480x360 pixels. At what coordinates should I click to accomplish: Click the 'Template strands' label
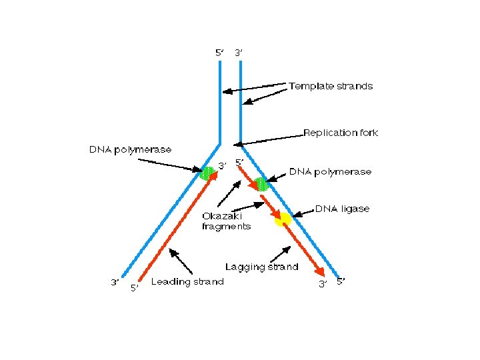click(x=331, y=86)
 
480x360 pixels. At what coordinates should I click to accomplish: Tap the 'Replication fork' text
click(x=341, y=133)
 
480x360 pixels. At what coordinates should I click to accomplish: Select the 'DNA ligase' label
click(x=342, y=209)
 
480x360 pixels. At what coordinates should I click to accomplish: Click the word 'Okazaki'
click(x=223, y=216)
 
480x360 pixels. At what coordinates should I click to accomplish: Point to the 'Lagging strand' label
click(x=261, y=267)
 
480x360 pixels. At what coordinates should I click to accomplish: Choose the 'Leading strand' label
click(x=187, y=281)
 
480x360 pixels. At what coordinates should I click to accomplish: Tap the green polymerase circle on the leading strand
click(x=207, y=173)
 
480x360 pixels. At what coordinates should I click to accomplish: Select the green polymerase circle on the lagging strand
click(x=261, y=183)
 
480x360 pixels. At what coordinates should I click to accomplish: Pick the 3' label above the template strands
click(x=239, y=51)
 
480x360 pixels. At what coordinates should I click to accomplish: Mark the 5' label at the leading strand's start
click(x=134, y=288)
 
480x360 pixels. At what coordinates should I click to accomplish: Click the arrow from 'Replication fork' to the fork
click(x=267, y=139)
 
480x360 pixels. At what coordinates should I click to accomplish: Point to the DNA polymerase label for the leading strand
click(x=130, y=149)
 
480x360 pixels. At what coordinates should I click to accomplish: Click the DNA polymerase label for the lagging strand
click(x=330, y=171)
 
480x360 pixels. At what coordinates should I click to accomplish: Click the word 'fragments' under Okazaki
click(x=227, y=226)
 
